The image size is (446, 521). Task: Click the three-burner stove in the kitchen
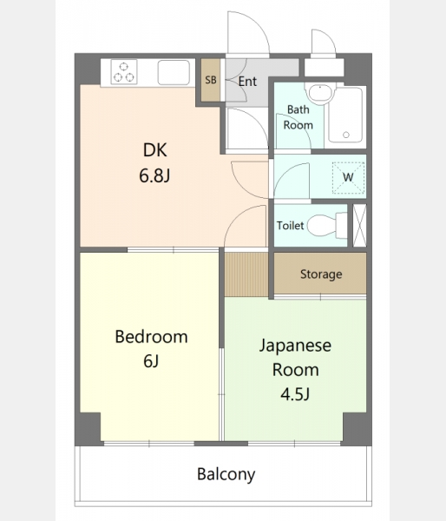coord(124,72)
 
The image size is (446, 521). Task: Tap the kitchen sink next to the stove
coord(174,72)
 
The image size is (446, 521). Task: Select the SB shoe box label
coord(211,80)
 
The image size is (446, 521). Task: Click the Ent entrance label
coord(247,81)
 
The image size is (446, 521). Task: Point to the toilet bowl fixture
coord(327,226)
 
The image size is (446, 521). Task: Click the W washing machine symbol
coord(348,178)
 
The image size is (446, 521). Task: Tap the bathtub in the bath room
coord(345,115)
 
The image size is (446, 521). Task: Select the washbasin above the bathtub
coord(320,94)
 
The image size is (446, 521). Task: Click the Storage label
coord(321,274)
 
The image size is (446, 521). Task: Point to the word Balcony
coord(226,474)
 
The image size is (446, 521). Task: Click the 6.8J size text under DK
coord(154,175)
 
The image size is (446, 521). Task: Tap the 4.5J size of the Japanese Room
coord(295,394)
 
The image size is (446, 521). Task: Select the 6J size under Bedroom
coord(151,361)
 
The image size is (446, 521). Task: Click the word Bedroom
coord(152,337)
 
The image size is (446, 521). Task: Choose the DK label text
coord(154,150)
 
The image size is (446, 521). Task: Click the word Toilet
coord(291,226)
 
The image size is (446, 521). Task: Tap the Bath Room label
coord(298,117)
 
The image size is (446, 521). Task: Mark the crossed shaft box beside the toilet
coord(359,226)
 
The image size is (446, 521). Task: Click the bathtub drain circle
coord(346,135)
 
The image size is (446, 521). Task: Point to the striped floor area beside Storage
coord(246,274)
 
